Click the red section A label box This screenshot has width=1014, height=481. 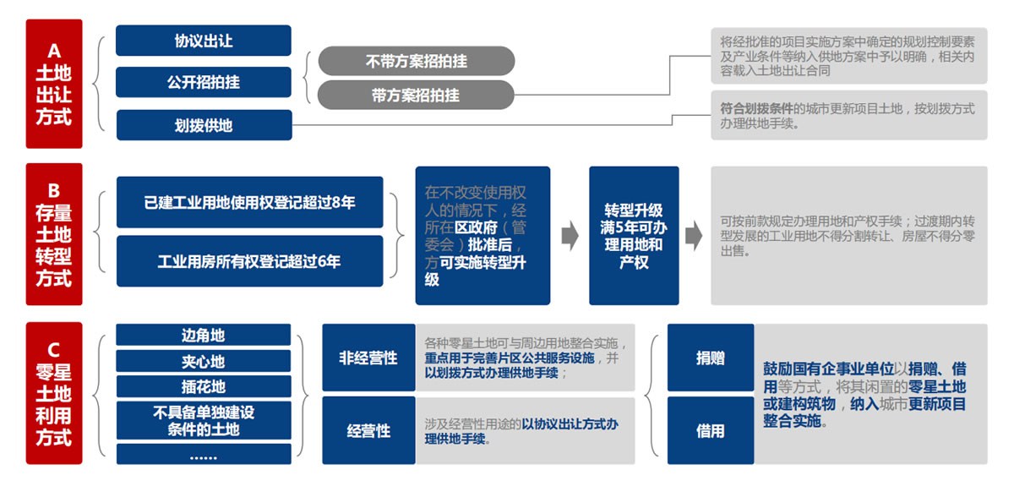(54, 83)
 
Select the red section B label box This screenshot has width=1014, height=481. (54, 235)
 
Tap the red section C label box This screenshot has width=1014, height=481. (54, 393)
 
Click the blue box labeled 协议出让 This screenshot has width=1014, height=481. (203, 41)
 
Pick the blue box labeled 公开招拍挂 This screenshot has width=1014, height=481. (203, 82)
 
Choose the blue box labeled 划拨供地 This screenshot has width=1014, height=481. (203, 125)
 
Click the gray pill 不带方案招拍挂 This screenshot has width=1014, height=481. (416, 62)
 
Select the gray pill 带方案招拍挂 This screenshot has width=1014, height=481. (416, 96)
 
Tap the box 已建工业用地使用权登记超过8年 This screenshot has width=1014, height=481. (249, 202)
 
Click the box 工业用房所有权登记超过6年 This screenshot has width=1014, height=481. (249, 261)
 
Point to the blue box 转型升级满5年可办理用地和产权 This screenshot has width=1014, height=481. (634, 235)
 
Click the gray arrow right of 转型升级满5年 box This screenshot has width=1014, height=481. (694, 237)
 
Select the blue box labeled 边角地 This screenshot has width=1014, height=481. (203, 335)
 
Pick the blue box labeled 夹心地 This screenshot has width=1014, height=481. (203, 362)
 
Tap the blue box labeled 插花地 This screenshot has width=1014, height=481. (203, 387)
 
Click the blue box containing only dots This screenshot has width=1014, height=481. (203, 455)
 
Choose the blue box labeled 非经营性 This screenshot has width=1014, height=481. (368, 358)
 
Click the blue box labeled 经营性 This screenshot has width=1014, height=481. (368, 430)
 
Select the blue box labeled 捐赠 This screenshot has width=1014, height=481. (710, 358)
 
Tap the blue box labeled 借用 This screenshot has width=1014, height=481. (710, 430)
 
